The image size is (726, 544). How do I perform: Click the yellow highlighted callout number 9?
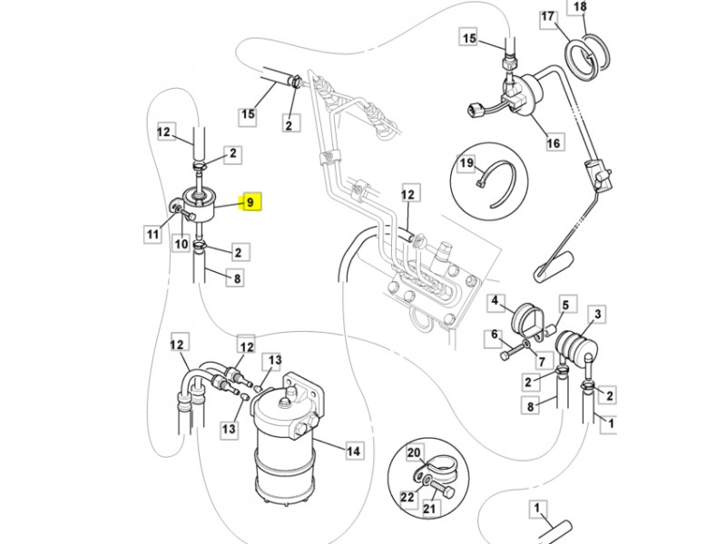[250, 201]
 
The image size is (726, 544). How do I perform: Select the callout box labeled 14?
[353, 451]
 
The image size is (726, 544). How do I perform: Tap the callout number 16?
[554, 143]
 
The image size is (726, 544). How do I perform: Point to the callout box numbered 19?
[466, 163]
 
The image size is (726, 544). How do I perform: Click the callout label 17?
[548, 16]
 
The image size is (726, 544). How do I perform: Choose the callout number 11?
[152, 235]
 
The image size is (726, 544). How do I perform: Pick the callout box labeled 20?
[414, 452]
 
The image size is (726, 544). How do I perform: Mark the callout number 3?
[597, 315]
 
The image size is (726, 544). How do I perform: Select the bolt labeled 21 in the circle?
[441, 490]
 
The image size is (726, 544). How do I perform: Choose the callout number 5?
[565, 305]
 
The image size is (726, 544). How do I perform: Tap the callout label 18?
[580, 6]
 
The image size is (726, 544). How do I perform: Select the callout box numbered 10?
[181, 243]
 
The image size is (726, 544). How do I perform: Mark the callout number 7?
[542, 361]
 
